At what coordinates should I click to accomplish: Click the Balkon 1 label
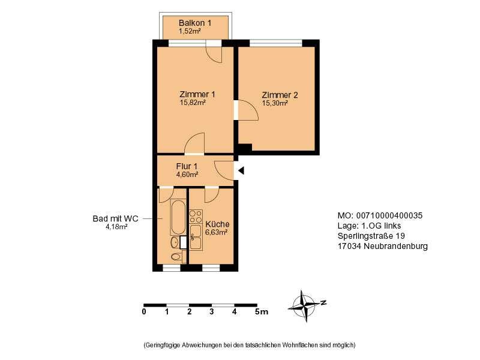coord(195,23)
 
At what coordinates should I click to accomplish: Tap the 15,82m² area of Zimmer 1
coord(193,103)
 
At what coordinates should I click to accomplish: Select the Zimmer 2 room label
coord(280,95)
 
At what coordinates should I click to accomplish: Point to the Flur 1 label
coord(187,166)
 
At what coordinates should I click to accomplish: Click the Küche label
coord(217,224)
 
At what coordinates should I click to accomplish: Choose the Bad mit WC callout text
coord(115,218)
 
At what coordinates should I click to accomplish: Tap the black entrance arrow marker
coord(241,170)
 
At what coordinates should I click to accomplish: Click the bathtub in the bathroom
coord(178,217)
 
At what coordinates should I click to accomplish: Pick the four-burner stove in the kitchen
coord(196,217)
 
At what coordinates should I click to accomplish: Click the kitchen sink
coord(196,237)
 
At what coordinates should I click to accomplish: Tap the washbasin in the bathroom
coord(175,242)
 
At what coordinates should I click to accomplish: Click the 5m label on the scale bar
coord(262,312)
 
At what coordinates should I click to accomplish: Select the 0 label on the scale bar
coord(144,312)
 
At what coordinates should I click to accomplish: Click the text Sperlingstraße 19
coord(371,236)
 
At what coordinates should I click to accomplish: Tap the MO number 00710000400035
coord(389,215)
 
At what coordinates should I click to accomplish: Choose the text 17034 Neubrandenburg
coord(383,246)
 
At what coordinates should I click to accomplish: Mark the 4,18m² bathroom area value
coord(116,227)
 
